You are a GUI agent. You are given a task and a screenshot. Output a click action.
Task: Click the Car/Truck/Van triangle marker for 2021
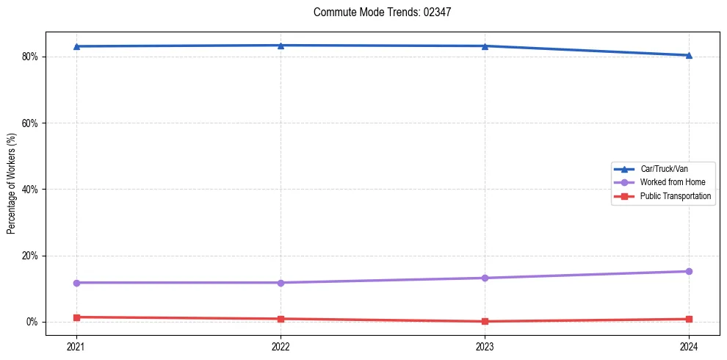76,46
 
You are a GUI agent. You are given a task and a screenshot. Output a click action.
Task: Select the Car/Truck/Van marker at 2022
281,45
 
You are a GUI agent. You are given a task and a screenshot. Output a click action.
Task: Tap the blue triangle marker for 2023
485,46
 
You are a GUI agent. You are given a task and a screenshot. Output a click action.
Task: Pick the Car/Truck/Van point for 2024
689,55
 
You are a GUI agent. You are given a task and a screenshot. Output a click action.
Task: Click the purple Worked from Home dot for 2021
76,282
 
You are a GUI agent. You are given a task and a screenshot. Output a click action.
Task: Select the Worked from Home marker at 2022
281,282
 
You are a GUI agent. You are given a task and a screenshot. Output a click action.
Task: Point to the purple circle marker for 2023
485,278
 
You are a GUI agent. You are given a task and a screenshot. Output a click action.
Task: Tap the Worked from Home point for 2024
689,271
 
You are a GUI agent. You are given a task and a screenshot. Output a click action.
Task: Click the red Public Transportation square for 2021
76,317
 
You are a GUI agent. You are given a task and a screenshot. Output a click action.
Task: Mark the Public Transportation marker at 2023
485,321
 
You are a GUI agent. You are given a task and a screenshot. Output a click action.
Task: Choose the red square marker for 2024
689,319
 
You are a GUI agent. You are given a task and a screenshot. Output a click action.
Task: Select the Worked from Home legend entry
669,182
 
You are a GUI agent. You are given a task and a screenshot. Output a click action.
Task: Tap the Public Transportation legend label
675,196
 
